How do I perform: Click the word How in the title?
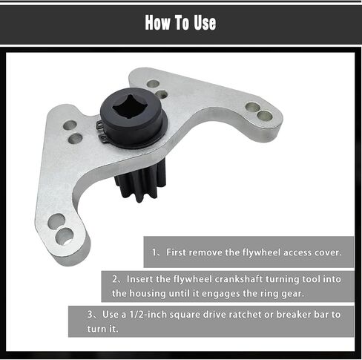pyautogui.click(x=159, y=22)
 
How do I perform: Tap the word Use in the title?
pyautogui.click(x=203, y=22)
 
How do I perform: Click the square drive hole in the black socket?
pyautogui.click(x=131, y=109)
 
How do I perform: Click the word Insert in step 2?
pyautogui.click(x=141, y=280)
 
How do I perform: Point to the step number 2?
pyautogui.click(x=116, y=280)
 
